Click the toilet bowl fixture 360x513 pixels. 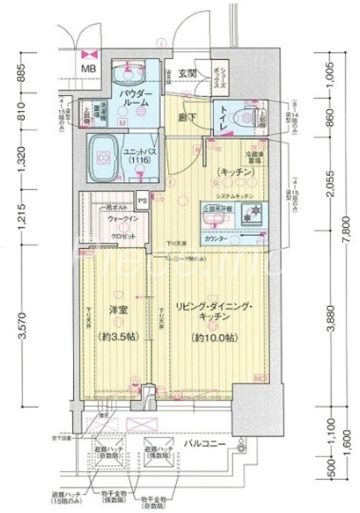pyautogui.click(x=244, y=119)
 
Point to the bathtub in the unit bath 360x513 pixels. pyautogui.click(x=103, y=156)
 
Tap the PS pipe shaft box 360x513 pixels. pyautogui.click(x=143, y=200)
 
